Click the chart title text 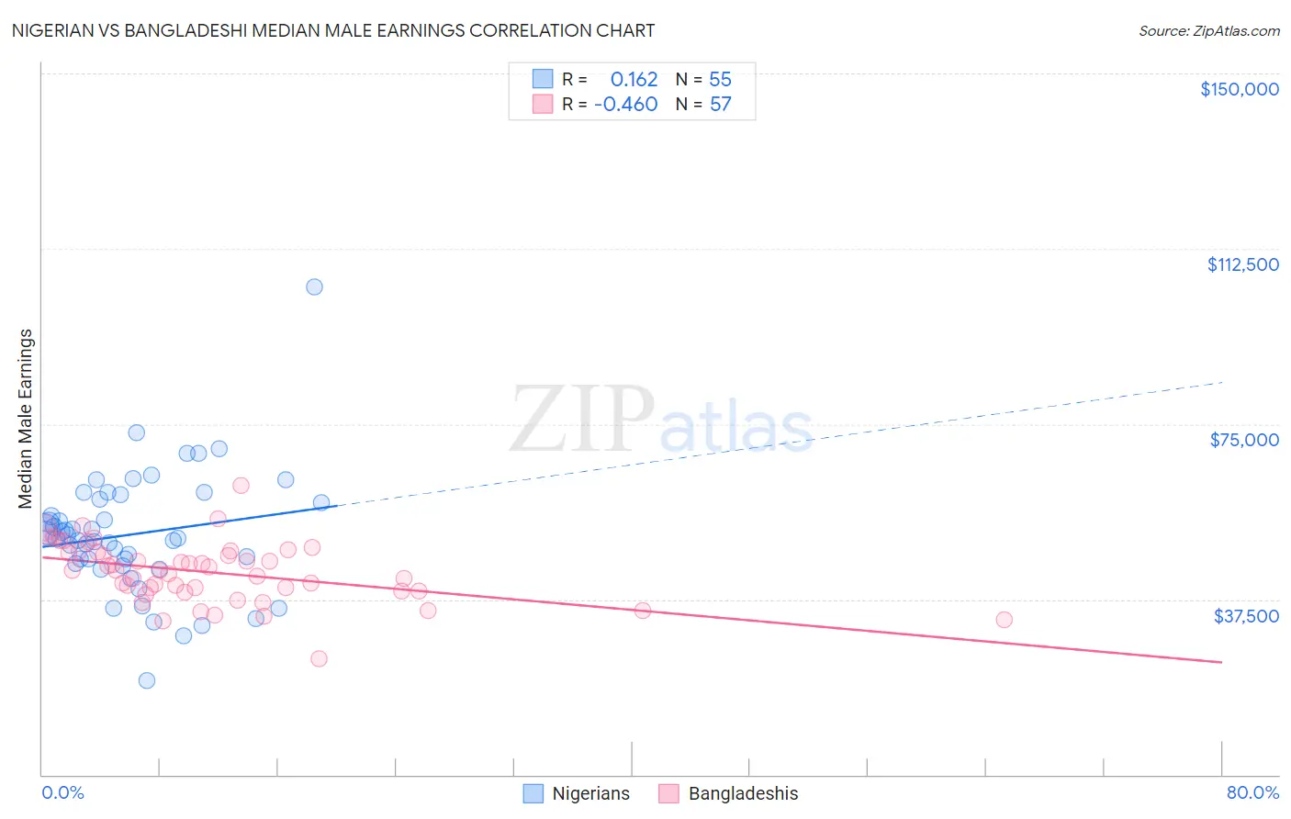coord(333,30)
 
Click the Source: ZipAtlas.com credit coord(1208,31)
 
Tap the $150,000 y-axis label coord(1239,89)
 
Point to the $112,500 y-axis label coord(1242,264)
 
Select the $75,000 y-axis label coord(1244,440)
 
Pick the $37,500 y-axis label coord(1246,616)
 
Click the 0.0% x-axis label coord(62,792)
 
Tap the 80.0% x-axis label coord(1252,792)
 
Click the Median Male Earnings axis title coord(26,419)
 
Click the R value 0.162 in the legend coord(634,79)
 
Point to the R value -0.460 coord(626,104)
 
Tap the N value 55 coord(720,79)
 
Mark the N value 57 coord(720,104)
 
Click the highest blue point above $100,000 coord(314,286)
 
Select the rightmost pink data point coord(1004,620)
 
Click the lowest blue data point coord(147,680)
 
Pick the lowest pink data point coord(319,658)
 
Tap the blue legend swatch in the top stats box coord(543,79)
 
